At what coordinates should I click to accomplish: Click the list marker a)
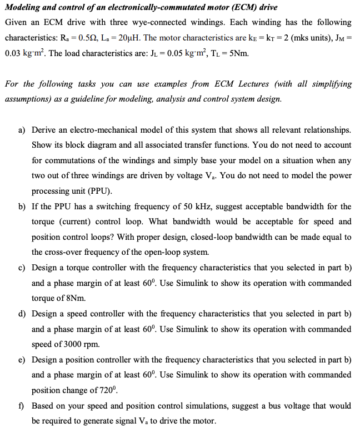(x=22, y=130)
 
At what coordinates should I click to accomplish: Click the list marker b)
(x=22, y=207)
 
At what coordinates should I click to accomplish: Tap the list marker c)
(x=22, y=268)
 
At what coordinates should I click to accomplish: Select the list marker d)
(x=22, y=314)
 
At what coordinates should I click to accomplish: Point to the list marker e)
(x=22, y=360)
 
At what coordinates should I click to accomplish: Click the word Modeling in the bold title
(x=23, y=7)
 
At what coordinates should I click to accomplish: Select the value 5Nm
(x=238, y=54)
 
